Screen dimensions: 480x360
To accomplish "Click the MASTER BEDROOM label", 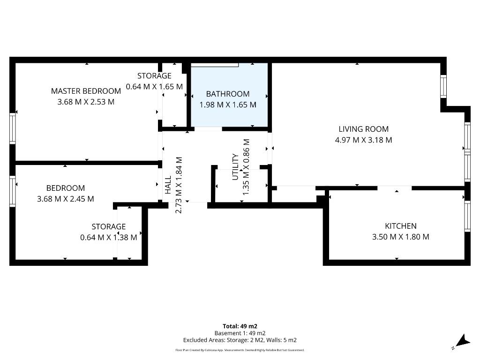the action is point(86,91).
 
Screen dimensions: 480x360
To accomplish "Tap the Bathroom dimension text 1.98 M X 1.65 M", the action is point(228,105).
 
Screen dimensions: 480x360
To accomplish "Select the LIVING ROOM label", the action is point(363,129).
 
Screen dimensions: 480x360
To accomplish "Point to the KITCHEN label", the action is point(400,226).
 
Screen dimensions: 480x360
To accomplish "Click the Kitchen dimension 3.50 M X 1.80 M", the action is point(400,237).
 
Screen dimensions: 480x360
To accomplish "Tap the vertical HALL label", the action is point(168,185).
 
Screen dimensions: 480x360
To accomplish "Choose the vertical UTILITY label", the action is point(235,167).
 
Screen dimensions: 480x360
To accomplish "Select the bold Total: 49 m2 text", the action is point(240,326).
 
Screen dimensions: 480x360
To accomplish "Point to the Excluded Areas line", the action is point(240,340).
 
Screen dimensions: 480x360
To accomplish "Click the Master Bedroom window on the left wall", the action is point(13,128).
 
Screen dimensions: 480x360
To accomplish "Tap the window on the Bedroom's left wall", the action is point(13,191).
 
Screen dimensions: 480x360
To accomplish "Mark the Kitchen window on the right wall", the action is point(467,216).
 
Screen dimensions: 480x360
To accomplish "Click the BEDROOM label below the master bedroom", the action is point(66,188).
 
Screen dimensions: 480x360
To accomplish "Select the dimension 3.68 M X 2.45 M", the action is point(66,199).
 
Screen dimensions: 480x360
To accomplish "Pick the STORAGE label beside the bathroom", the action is point(154,75).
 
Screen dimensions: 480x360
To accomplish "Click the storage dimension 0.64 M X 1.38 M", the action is point(108,237).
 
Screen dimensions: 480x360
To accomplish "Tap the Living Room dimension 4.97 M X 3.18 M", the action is point(363,140).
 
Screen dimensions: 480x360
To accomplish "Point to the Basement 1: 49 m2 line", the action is point(240,333).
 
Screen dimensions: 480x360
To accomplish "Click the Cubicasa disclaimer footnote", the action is point(240,350).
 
